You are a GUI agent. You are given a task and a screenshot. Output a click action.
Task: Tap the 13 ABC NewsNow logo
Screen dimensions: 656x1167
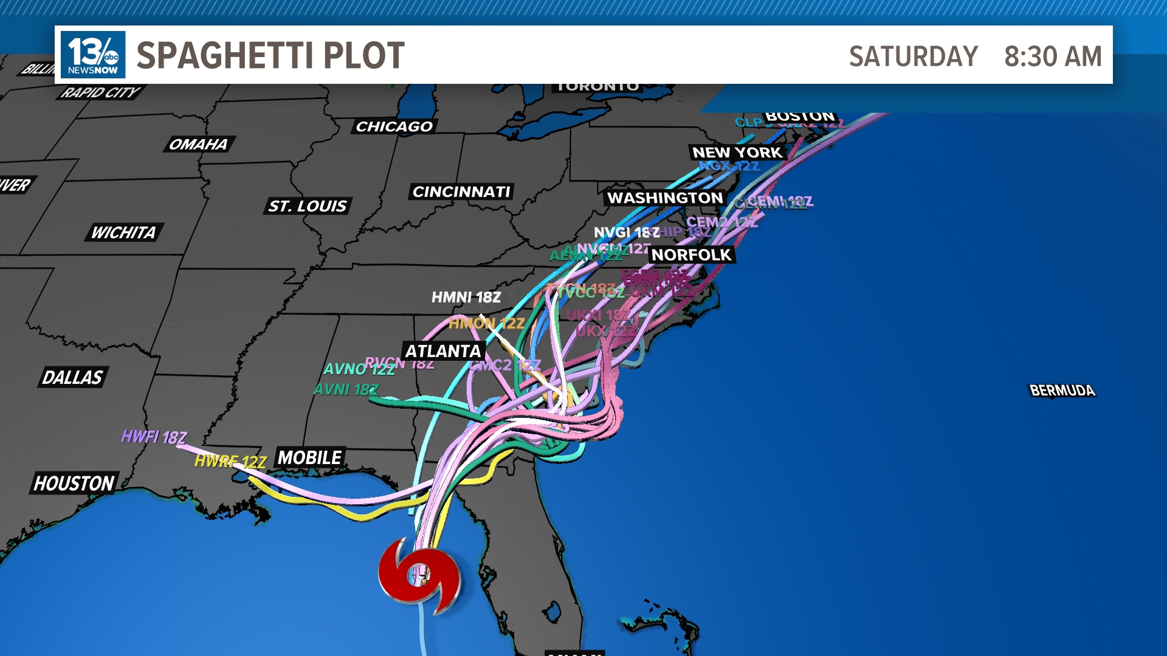[93, 55]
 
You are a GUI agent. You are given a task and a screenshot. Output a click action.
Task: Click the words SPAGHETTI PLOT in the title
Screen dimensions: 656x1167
[270, 56]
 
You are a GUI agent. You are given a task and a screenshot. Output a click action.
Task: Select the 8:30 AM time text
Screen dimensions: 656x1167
[1052, 56]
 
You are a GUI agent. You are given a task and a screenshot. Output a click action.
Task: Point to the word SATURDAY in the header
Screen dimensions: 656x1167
[913, 56]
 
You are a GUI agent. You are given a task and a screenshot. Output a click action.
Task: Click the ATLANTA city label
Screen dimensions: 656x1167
[443, 351]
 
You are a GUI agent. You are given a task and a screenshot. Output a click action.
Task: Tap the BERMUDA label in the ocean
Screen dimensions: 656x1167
[1062, 391]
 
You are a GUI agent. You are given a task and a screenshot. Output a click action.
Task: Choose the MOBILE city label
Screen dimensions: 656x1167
[310, 457]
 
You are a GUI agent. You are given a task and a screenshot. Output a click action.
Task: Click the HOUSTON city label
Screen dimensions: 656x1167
[74, 483]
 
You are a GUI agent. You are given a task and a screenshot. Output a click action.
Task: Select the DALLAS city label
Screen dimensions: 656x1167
[72, 377]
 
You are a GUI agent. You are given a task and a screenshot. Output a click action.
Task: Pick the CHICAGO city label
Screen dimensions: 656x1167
[394, 126]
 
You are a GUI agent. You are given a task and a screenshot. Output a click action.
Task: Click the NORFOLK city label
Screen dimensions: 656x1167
[691, 255]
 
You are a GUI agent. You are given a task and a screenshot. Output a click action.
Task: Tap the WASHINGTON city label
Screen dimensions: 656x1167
[665, 198]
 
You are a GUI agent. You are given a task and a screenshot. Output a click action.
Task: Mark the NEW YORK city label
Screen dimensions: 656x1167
[737, 152]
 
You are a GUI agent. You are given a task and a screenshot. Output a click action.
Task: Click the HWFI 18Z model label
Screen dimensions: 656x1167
[154, 437]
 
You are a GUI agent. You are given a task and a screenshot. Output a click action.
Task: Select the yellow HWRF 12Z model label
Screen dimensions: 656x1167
[230, 462]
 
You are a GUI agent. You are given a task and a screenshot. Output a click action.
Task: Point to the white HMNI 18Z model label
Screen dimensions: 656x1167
[466, 297]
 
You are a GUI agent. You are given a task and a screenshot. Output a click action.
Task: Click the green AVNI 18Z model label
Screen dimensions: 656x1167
[345, 389]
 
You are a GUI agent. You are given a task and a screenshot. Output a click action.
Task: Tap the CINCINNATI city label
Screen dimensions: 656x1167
[461, 192]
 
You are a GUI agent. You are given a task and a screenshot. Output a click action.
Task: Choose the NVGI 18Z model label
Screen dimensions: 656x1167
[626, 232]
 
